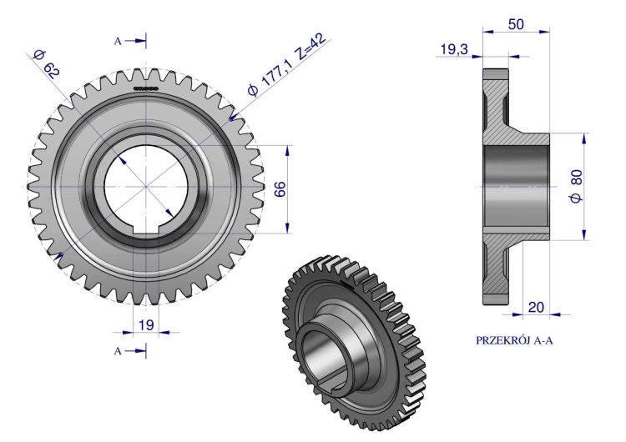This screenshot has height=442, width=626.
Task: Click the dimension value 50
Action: pos(516,25)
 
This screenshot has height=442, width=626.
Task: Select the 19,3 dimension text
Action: pos(454,49)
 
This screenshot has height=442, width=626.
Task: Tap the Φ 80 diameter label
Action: pos(577,186)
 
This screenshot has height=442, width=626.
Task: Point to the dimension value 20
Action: pos(536,307)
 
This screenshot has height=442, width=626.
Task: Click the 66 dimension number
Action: pos(280,188)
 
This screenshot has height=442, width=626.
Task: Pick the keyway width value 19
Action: pos(146,324)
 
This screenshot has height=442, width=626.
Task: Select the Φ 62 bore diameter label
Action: pos(47,64)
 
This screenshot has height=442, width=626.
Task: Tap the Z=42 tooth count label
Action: pos(310,47)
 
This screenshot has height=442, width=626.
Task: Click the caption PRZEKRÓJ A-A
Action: pos(514,340)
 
